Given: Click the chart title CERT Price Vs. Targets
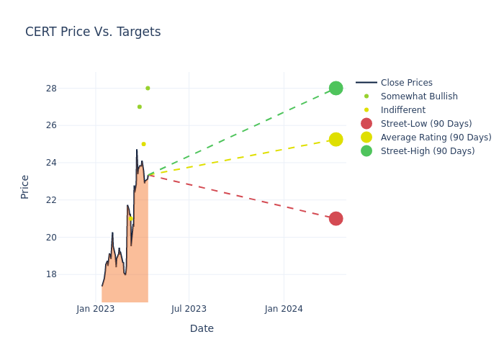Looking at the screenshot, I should coord(93,32).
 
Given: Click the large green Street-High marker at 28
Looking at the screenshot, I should coord(336,88).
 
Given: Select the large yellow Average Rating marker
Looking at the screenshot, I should coord(336,139).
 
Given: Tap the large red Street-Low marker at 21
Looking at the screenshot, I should coord(336,218).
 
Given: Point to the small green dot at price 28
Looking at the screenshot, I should coord(148,88).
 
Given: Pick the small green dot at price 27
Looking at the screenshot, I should coord(140,107).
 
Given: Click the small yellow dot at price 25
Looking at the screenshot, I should coord(143,144).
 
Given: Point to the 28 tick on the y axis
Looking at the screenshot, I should coord(71,89).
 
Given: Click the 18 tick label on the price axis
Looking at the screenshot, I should coord(71,274).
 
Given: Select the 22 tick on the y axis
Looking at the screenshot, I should coord(71,200).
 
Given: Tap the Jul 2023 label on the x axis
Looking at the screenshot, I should coord(189,309).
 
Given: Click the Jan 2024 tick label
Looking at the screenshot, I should coord(284,309).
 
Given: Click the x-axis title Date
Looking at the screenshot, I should coord(202,328).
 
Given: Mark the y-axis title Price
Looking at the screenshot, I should coord(25,186).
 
